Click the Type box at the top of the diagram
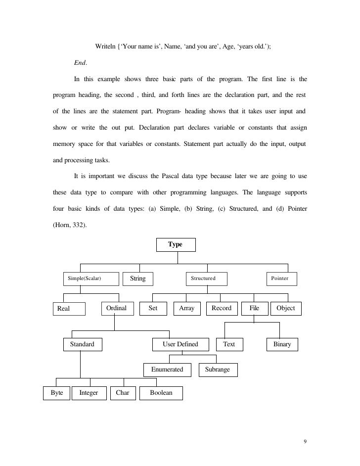click(x=176, y=245)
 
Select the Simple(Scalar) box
click(x=91, y=279)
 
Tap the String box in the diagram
click(x=137, y=279)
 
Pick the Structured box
click(x=206, y=279)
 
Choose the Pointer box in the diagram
click(x=281, y=279)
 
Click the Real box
click(x=69, y=309)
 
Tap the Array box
click(x=186, y=308)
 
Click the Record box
click(x=221, y=308)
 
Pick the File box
click(x=254, y=308)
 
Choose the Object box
click(x=286, y=308)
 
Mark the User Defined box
click(x=180, y=344)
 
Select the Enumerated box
click(x=167, y=370)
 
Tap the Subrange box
click(x=218, y=370)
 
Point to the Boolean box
click(x=161, y=393)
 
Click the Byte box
click(x=56, y=393)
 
